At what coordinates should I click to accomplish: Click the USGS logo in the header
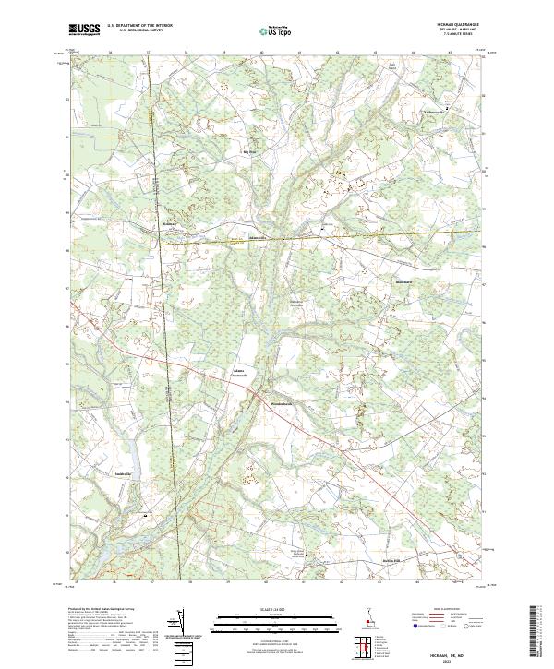[x=84, y=30]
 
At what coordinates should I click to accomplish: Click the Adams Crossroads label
[x=240, y=374]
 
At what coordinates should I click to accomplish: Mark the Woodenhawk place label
[x=281, y=402]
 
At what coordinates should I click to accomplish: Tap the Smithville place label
[x=123, y=474]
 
